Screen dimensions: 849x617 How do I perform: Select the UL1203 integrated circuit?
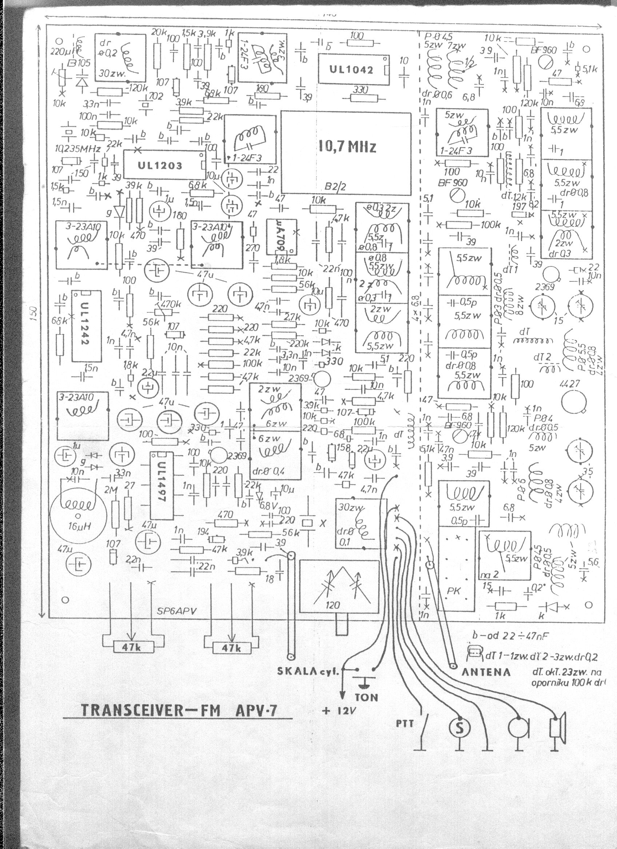tap(160, 165)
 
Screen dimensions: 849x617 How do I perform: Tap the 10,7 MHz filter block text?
tap(347, 147)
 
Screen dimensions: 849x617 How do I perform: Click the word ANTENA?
tap(486, 672)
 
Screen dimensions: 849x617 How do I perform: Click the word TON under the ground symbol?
tap(367, 698)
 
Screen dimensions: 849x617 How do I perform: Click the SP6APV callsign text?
tap(177, 611)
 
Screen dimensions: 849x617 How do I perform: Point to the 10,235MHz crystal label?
tap(78, 149)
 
